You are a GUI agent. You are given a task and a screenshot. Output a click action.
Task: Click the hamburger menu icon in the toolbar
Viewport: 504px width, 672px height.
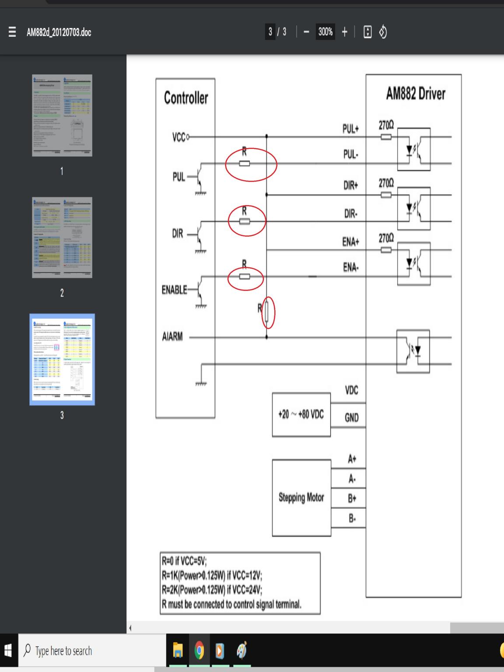(x=12, y=32)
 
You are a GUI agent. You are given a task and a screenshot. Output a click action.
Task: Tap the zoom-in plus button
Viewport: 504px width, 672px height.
(x=345, y=32)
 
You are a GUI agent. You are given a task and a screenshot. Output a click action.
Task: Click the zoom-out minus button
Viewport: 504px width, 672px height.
(x=306, y=32)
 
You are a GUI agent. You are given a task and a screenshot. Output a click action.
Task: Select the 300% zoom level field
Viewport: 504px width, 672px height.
(x=325, y=32)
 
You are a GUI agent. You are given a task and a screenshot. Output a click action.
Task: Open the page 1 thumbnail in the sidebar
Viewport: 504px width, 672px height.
(x=62, y=115)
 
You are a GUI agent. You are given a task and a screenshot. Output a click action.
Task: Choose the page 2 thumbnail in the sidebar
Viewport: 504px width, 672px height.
(x=62, y=238)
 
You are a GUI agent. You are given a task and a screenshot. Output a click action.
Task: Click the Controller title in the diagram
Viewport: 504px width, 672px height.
(x=186, y=98)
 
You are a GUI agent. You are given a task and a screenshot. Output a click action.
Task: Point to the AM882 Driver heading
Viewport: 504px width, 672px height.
(x=415, y=94)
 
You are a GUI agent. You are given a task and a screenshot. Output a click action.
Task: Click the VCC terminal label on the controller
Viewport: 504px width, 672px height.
(x=179, y=138)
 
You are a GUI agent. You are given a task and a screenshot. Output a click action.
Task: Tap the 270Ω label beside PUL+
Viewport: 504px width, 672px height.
(x=386, y=126)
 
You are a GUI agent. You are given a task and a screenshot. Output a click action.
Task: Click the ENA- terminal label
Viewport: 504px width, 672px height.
(x=351, y=267)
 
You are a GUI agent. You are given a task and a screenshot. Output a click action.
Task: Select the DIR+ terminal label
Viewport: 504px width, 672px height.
(x=351, y=185)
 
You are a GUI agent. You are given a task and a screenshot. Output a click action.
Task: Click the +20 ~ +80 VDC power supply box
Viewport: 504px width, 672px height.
(x=301, y=414)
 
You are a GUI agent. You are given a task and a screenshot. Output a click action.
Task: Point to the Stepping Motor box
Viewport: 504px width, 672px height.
(x=301, y=497)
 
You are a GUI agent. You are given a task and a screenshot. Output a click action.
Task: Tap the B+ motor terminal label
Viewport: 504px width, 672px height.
(x=352, y=498)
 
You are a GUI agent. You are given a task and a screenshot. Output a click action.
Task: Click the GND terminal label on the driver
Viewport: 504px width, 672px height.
(x=352, y=417)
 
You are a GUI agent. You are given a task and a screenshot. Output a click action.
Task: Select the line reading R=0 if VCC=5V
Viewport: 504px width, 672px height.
(x=184, y=561)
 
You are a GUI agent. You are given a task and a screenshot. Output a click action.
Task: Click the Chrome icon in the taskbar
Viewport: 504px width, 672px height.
(x=199, y=651)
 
